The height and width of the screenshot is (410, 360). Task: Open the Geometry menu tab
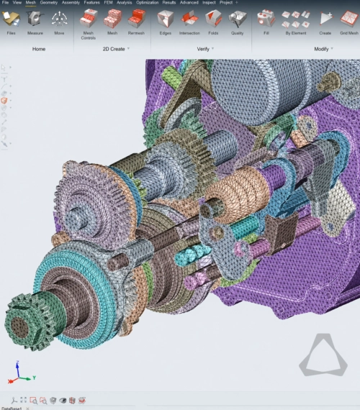[x=49, y=3]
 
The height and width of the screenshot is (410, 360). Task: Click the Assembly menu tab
[x=71, y=3]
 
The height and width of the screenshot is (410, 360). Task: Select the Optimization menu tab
[x=147, y=3]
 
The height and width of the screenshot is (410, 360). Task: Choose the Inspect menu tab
[x=209, y=3]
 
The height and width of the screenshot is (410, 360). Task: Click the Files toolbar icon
[x=11, y=19]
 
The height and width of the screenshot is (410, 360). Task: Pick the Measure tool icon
[x=35, y=19]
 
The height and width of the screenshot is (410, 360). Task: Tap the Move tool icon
[x=59, y=19]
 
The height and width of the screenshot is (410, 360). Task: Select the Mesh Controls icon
[x=89, y=18]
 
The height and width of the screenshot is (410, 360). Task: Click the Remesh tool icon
[x=136, y=18]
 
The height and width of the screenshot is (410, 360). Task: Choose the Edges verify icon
[x=165, y=19]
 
